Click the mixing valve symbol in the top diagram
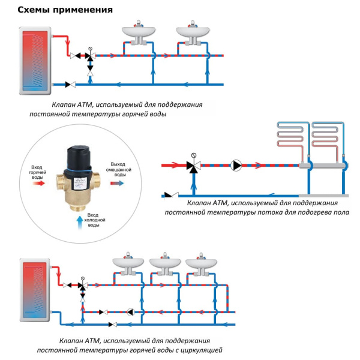[x=90, y=56]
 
